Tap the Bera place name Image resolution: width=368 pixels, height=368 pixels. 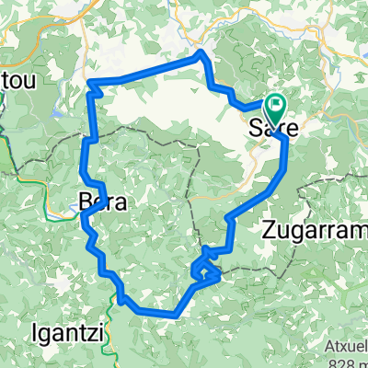point(102,201)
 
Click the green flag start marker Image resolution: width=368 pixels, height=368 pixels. point(276,108)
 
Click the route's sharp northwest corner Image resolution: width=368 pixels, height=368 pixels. point(90,86)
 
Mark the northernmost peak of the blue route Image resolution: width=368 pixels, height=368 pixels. point(200,55)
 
